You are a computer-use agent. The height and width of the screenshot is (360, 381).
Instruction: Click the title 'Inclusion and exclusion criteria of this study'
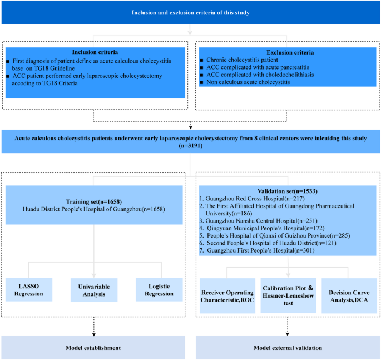[x=190, y=12]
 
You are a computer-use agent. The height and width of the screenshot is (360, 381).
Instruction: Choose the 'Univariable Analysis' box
[x=93, y=289]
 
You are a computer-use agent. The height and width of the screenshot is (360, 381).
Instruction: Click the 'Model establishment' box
[x=93, y=347]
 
